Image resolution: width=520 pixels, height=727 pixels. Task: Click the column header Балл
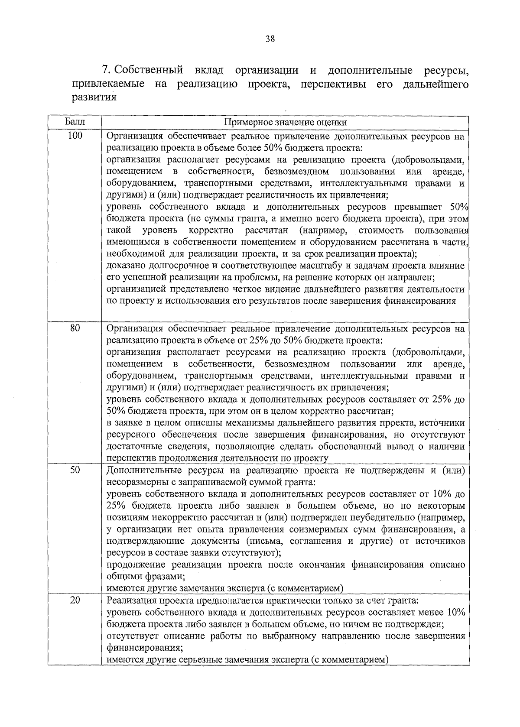pyautogui.click(x=75, y=122)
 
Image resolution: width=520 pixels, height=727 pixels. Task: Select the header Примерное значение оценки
pyautogui.click(x=285, y=123)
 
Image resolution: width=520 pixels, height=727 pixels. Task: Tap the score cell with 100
pyautogui.click(x=75, y=136)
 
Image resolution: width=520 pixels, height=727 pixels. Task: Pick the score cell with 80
pyautogui.click(x=75, y=328)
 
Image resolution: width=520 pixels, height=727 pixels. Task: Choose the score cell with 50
pyautogui.click(x=75, y=470)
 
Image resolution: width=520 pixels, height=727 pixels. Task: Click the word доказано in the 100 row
pyautogui.click(x=123, y=266)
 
